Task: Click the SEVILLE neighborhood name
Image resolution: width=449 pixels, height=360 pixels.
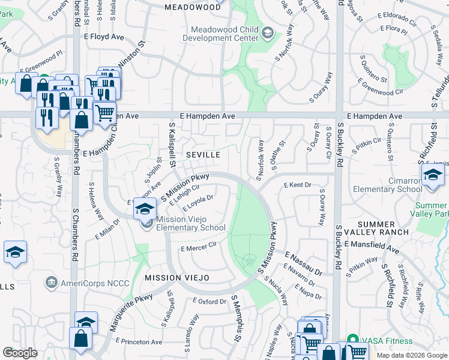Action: (x=203, y=155)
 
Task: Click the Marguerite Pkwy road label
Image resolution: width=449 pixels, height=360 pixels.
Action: (x=131, y=312)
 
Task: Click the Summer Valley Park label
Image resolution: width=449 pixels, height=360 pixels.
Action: (x=432, y=209)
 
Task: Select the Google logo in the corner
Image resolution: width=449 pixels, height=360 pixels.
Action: (x=20, y=353)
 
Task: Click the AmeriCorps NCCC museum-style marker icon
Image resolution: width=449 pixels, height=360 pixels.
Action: (x=50, y=281)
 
